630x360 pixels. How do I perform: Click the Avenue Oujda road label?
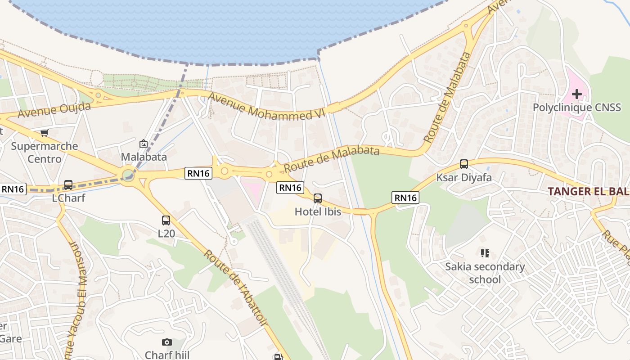click(54, 110)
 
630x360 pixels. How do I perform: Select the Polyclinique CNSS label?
click(576, 108)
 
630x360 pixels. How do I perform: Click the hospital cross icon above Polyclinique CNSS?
click(576, 94)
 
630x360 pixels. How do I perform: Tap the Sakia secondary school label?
click(485, 273)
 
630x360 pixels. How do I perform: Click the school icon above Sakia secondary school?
click(485, 253)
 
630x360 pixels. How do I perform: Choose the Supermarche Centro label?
click(45, 153)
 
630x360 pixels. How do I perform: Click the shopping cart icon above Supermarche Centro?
click(44, 133)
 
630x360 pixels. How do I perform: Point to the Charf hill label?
click(167, 355)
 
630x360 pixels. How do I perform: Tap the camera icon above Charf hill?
click(167, 342)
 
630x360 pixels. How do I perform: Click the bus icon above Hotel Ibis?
click(318, 198)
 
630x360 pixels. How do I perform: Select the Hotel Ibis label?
click(318, 211)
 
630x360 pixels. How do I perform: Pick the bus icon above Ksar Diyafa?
click(464, 164)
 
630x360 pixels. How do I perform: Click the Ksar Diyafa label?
click(464, 178)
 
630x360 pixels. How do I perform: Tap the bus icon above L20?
click(166, 220)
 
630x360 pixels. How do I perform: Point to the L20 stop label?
click(166, 234)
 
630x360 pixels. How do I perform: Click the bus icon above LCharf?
click(68, 185)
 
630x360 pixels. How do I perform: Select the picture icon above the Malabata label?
click(144, 144)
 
